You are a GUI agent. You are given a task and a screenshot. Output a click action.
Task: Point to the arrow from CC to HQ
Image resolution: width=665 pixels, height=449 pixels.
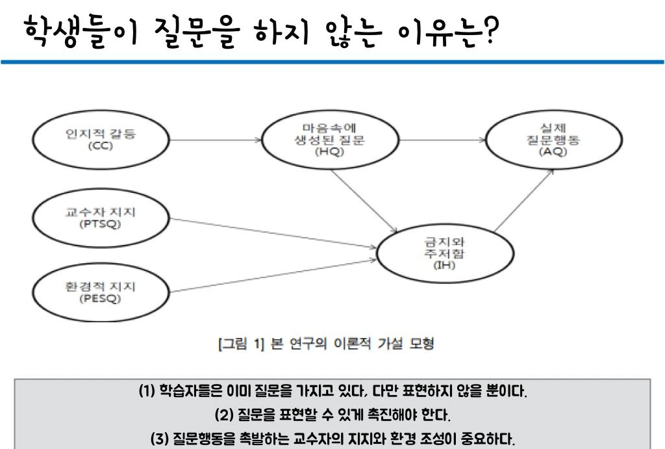[x=218, y=139]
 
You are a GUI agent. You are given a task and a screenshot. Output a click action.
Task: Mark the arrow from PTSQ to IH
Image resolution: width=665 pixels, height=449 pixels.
[x=273, y=232]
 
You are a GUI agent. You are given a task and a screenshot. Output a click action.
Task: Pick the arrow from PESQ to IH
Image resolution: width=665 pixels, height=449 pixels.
[x=273, y=275]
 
